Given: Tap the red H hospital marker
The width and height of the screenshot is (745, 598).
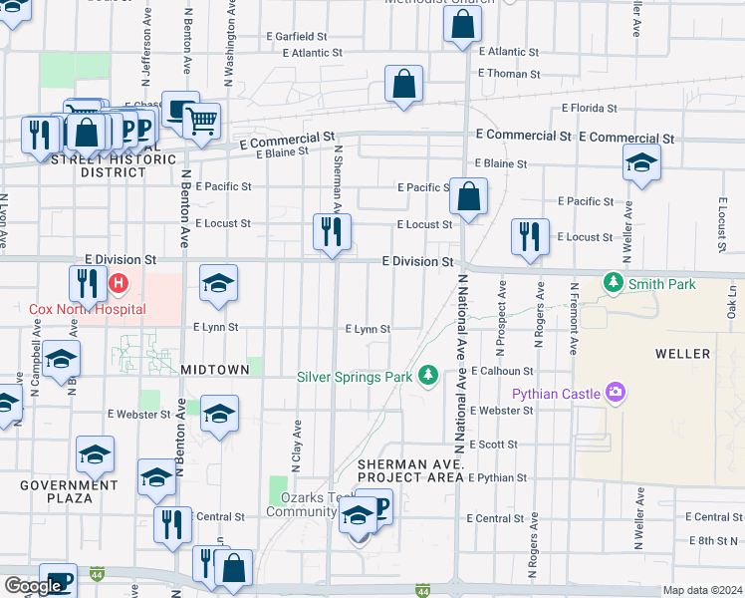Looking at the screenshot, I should (x=119, y=284).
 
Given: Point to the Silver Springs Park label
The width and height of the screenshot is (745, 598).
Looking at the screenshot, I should (x=355, y=376).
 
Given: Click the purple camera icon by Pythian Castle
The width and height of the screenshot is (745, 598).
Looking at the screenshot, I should (x=616, y=393).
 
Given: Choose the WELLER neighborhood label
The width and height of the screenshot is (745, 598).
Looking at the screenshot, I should (x=682, y=354).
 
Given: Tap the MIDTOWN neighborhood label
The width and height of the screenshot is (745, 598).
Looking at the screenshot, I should (x=215, y=370).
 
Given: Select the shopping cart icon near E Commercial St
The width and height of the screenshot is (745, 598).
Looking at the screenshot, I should (x=202, y=122).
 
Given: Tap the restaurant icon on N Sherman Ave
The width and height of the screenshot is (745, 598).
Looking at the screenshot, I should (x=332, y=232).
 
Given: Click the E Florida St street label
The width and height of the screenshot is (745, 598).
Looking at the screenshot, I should (x=590, y=108).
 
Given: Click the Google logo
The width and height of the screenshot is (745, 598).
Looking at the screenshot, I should (x=33, y=586).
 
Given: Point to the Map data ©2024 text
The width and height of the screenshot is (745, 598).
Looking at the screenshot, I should (x=701, y=590).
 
